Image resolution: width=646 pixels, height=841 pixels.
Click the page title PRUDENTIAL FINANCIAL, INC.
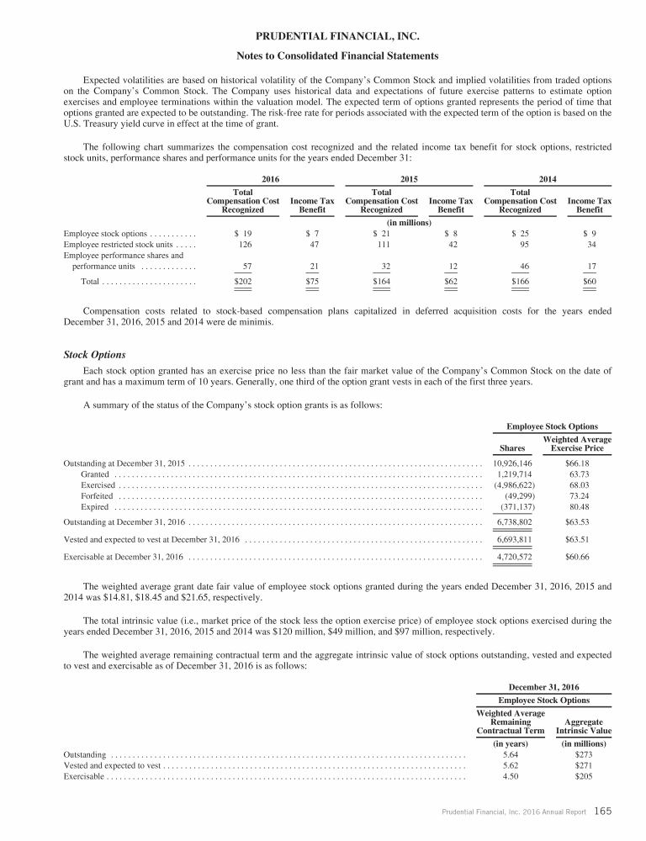point(323,37)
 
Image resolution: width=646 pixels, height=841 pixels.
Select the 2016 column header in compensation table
point(271,179)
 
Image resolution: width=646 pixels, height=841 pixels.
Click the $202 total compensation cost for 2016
point(243,282)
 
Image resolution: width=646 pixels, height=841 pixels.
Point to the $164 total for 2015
point(382,282)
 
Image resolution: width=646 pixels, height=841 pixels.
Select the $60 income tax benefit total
point(589,282)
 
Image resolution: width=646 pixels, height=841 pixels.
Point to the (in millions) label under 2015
point(408,222)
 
